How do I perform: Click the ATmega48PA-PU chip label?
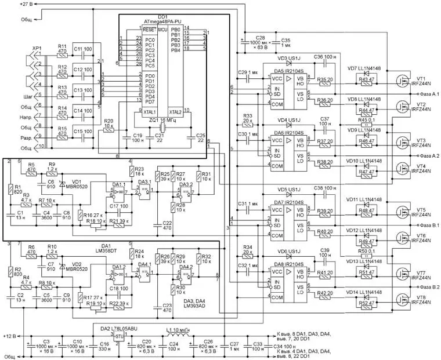(164, 21)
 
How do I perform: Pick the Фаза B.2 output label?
(426, 287)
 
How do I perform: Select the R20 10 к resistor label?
(109, 124)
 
